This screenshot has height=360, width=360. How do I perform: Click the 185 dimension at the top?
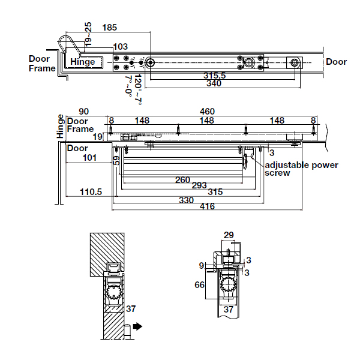110,28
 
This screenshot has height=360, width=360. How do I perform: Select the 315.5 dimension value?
215,76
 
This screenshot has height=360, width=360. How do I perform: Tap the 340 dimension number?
214,83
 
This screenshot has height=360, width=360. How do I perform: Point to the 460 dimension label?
208,112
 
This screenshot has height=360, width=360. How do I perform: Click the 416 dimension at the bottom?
208,206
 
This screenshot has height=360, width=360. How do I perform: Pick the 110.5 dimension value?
91,192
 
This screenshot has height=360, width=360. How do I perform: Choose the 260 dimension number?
183,180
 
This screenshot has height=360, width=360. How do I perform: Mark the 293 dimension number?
199,185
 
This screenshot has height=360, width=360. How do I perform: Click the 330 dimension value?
186,200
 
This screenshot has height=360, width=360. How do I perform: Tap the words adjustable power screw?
301,169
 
